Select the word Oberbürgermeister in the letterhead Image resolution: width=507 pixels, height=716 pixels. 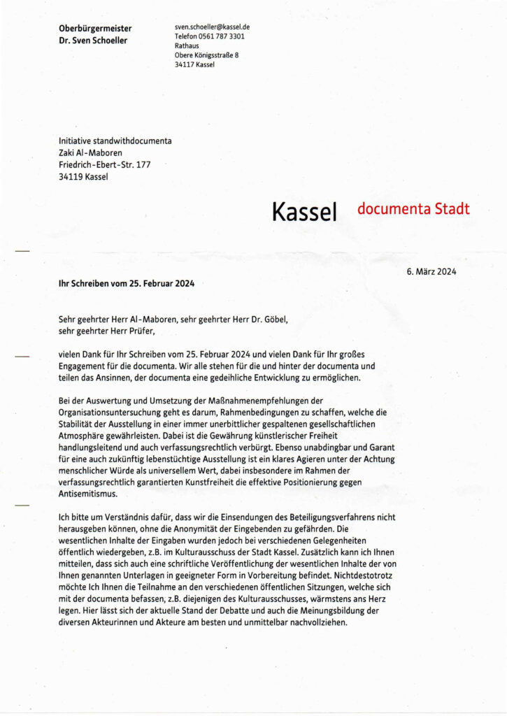point(95,28)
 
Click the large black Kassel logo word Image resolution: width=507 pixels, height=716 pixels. point(305,210)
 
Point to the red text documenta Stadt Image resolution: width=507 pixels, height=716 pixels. point(413,208)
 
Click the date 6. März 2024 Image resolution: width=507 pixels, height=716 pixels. point(431,272)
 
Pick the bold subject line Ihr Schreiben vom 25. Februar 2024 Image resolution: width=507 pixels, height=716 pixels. point(127,284)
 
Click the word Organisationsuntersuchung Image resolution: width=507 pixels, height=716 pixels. point(113,413)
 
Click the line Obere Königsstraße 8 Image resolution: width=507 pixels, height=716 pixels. point(205,55)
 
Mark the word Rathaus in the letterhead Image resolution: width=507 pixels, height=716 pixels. point(187,45)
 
